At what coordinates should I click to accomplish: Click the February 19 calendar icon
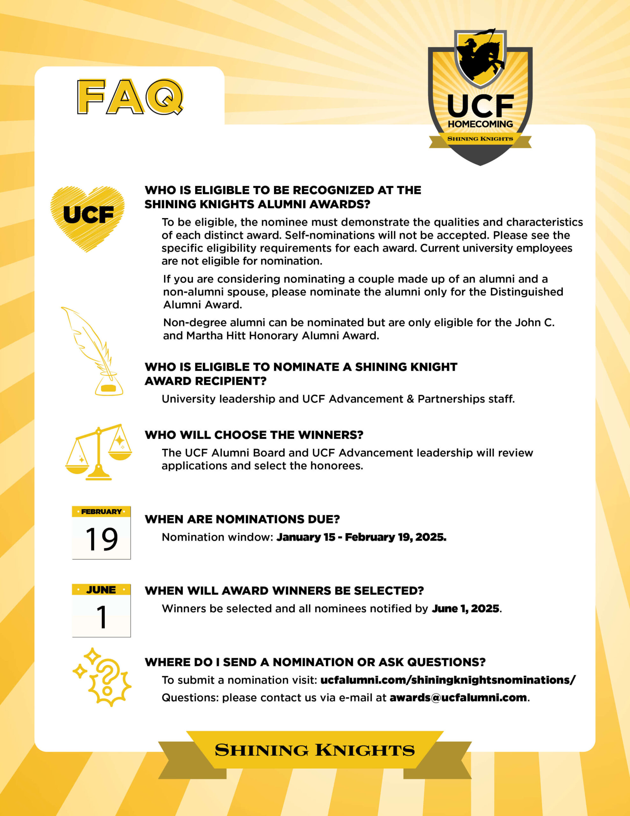101,532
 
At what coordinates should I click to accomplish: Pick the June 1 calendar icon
101,610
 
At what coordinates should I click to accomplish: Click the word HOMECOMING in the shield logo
480,124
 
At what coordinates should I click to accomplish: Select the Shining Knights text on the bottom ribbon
314,750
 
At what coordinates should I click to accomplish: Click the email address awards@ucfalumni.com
458,697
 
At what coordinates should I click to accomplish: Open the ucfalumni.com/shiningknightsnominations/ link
448,680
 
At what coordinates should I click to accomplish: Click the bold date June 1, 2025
465,608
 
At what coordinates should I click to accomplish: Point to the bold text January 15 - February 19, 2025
361,537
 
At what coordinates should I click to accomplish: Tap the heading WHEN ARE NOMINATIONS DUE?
242,519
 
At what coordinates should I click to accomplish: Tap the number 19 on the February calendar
101,539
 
